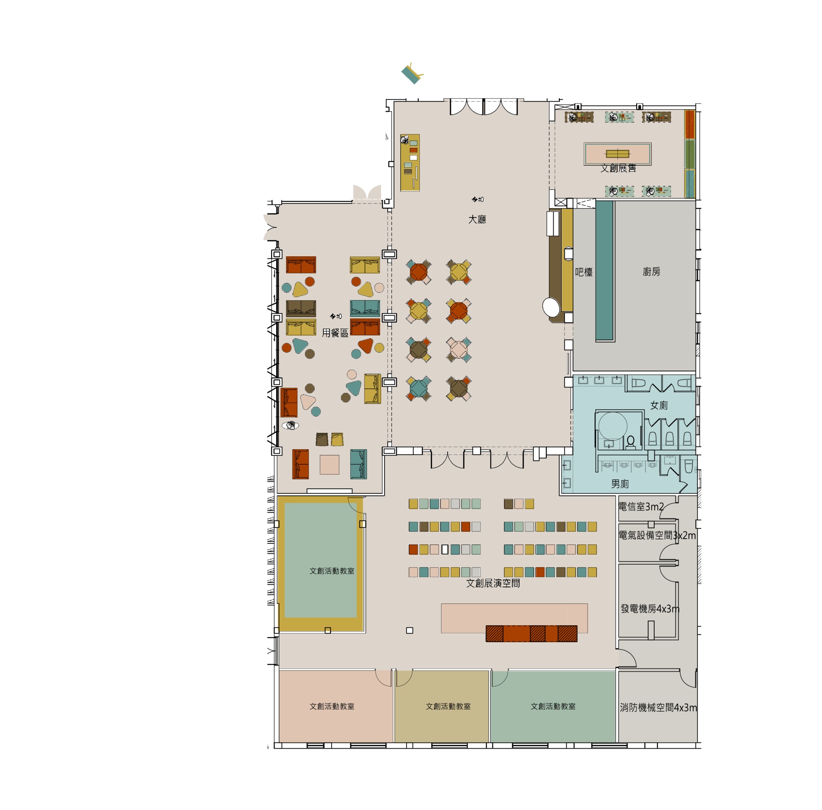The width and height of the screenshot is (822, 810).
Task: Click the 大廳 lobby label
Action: click(x=477, y=220)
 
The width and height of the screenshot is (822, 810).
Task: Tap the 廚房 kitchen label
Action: click(x=651, y=272)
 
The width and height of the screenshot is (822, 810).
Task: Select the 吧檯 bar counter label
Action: click(x=584, y=272)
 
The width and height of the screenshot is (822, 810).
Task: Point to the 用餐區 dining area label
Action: click(x=335, y=333)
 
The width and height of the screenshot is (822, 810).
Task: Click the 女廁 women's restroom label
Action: click(x=659, y=406)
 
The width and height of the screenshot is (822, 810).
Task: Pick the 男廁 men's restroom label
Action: click(x=620, y=484)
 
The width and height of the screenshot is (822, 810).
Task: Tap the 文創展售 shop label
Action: click(x=618, y=169)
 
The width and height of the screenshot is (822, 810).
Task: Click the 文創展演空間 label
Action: click(x=493, y=583)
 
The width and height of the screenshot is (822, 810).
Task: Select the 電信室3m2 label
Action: click(x=641, y=507)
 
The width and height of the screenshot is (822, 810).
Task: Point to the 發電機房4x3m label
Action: click(x=650, y=609)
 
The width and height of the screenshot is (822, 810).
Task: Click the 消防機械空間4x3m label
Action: click(x=658, y=708)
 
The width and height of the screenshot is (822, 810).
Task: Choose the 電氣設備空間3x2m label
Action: click(x=657, y=536)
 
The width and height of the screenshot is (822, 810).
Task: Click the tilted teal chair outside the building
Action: click(x=412, y=74)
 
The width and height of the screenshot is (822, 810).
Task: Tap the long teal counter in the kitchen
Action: click(x=605, y=271)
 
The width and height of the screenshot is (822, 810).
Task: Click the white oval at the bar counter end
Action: click(x=551, y=306)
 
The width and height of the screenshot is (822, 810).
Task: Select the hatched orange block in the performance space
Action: click(x=531, y=634)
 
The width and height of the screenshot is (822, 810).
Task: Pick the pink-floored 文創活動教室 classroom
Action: click(x=336, y=706)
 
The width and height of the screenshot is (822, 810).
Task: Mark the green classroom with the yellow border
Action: click(x=321, y=563)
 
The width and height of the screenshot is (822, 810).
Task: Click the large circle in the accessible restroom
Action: click(x=613, y=426)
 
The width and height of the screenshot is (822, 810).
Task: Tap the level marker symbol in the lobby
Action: click(x=478, y=199)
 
